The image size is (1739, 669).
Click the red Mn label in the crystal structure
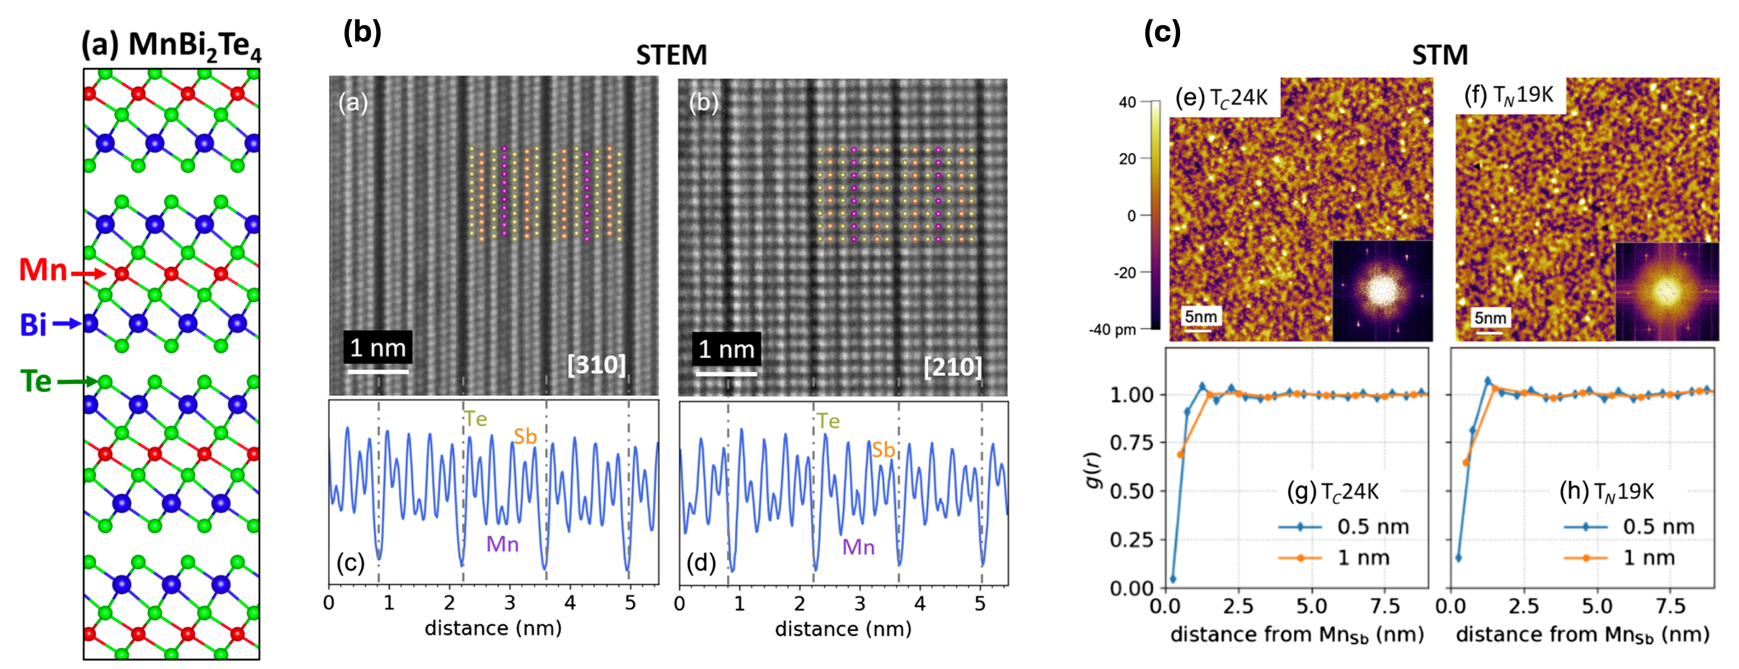(43, 271)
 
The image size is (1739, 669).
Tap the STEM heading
(671, 55)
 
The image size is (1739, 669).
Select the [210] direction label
(952, 366)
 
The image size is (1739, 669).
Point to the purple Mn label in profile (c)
(502, 544)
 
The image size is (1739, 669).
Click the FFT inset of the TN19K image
(1666, 292)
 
